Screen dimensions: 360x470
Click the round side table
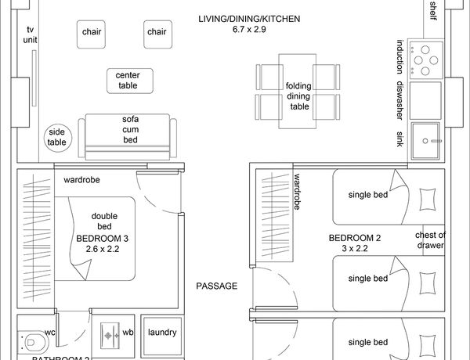[57, 138]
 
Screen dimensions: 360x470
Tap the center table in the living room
[128, 80]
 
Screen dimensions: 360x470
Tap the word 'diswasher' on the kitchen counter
[399, 100]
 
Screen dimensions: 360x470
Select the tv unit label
[30, 34]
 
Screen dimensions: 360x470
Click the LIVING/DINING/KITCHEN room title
[249, 19]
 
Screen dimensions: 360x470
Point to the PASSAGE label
[216, 286]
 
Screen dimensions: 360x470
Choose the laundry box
[162, 332]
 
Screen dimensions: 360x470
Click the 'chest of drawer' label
[430, 240]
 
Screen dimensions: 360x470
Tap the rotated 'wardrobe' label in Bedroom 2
[298, 193]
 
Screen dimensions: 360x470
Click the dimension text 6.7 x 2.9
[249, 30]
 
